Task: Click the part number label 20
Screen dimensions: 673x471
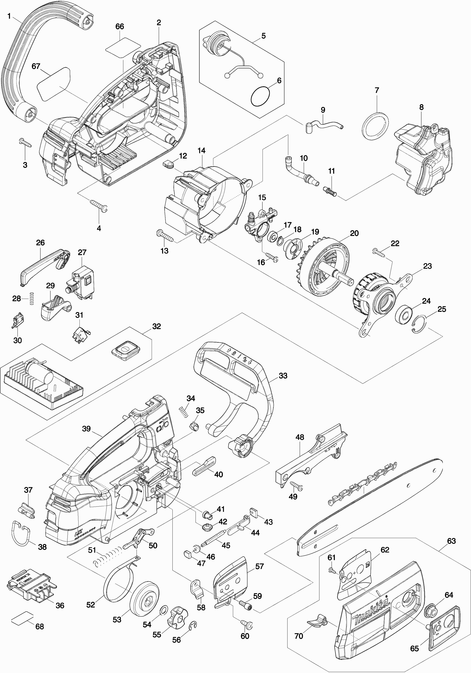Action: coord(354,233)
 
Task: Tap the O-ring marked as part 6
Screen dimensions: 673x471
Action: coord(260,97)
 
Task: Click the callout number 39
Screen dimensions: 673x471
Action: coord(86,429)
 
